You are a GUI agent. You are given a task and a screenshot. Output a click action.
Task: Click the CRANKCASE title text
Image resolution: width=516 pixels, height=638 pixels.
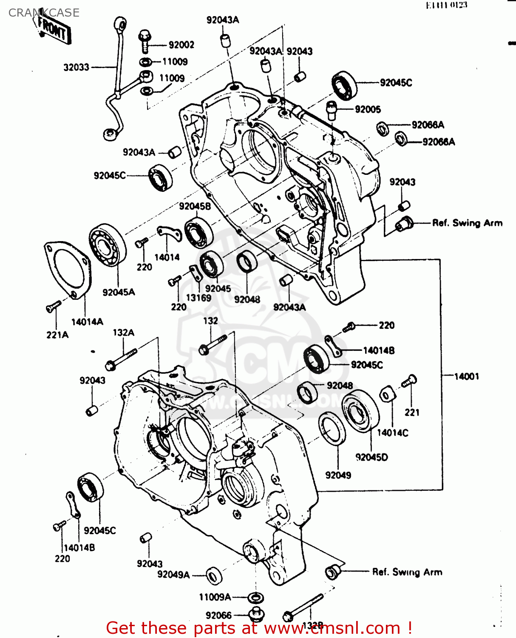(x=44, y=13)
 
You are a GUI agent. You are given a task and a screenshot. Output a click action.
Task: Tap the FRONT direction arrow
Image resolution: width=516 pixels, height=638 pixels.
(x=53, y=30)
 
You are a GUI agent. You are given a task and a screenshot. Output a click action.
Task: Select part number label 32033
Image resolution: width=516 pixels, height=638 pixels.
(x=77, y=67)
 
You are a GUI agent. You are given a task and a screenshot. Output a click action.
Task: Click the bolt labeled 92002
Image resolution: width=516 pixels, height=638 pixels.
(x=145, y=41)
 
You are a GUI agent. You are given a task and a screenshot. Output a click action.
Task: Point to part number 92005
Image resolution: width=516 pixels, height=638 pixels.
(x=368, y=109)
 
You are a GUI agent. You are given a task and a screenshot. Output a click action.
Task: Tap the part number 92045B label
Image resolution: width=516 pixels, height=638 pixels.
(x=195, y=206)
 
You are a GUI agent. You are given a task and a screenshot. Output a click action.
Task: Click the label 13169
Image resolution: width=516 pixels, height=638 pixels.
(x=198, y=298)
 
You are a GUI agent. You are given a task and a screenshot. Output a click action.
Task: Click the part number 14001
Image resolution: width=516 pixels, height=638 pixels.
(x=466, y=376)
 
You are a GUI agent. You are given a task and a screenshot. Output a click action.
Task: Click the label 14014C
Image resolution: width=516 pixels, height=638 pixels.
(x=392, y=433)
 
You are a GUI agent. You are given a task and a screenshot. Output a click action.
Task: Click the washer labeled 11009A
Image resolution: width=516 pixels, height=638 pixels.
(x=255, y=597)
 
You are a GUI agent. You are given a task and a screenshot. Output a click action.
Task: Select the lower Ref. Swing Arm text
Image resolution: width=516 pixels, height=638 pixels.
(x=407, y=572)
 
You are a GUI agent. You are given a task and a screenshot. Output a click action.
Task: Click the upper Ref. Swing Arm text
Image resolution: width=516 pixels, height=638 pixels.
(x=467, y=223)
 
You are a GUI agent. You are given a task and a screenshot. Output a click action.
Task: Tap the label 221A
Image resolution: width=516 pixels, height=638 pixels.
(x=57, y=335)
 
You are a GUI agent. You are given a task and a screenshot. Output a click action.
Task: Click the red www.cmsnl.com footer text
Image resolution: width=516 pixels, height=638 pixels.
(x=258, y=628)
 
